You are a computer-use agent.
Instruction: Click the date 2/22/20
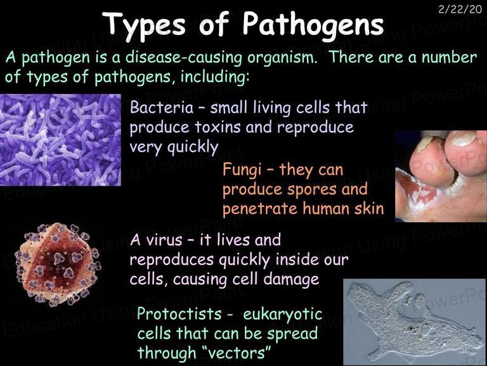pos(460,10)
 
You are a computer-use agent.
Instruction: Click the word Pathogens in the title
pos(313,25)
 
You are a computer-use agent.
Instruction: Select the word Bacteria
pos(162,107)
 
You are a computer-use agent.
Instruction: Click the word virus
pos(164,240)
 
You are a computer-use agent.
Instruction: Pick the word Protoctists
pos(179,313)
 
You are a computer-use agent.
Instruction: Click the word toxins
pos(218,127)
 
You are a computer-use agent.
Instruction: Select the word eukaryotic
pos(283,315)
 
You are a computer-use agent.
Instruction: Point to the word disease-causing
pos(183,57)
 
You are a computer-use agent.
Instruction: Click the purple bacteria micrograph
pos(60,140)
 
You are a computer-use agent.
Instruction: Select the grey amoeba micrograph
pos(414,322)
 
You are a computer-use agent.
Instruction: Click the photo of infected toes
pos(441,176)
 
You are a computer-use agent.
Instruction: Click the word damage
pos(291,280)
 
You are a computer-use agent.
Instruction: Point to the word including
pos(214,77)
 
